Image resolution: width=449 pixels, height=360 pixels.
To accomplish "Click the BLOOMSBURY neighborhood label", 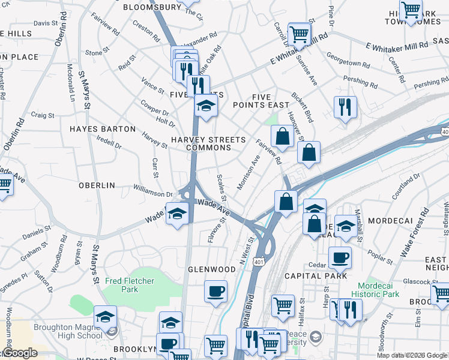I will coord(152,8).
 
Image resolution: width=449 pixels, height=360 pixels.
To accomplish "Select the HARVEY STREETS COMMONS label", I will coord(208,143).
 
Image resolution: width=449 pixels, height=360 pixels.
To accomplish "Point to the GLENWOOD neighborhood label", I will coord(212,269).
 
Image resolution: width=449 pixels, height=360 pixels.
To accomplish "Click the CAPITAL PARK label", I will coord(316,276).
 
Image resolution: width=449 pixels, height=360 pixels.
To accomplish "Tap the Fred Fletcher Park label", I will coord(130,285).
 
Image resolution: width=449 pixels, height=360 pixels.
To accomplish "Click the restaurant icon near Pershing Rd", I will coord(345,107).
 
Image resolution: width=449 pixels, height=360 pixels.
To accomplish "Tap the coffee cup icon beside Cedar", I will coord(340,257).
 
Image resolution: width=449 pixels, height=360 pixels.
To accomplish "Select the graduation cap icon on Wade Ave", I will coord(177,214).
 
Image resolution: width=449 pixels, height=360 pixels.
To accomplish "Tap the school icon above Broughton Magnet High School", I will coord(106,316).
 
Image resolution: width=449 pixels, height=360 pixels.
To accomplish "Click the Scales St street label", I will coord(220,187).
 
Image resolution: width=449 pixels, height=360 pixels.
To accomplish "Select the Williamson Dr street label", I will coord(153,193).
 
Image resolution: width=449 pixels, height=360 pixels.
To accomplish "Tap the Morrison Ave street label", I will coord(249,172).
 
